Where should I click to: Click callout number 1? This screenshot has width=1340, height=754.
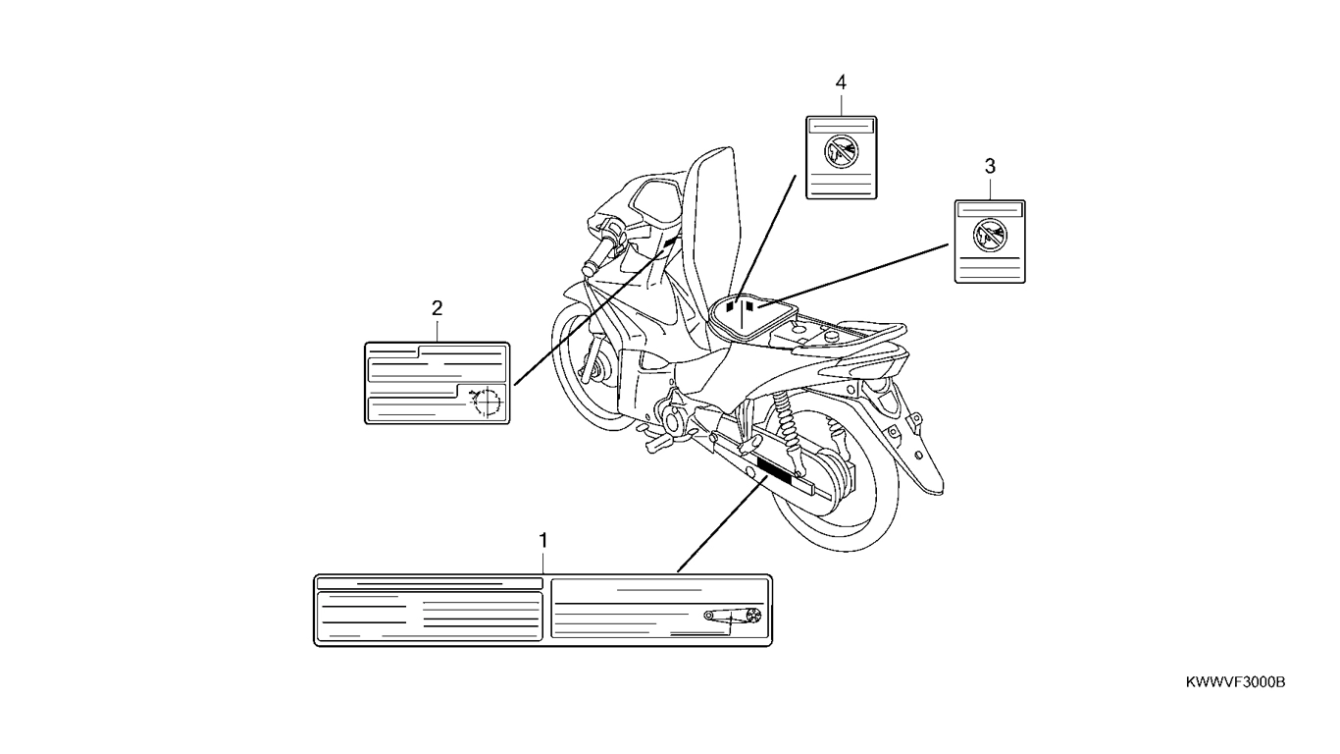pyautogui.click(x=543, y=541)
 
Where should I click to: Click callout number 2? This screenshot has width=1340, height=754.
pyautogui.click(x=438, y=308)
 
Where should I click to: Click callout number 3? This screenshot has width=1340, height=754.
pyautogui.click(x=990, y=166)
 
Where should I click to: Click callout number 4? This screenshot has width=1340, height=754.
pyautogui.click(x=841, y=82)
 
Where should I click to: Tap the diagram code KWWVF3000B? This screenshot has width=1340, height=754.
pyautogui.click(x=1235, y=682)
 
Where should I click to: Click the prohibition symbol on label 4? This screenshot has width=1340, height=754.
pyautogui.click(x=841, y=152)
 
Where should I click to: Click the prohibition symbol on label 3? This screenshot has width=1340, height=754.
pyautogui.click(x=990, y=236)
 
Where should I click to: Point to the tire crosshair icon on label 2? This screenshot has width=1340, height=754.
pyautogui.click(x=485, y=402)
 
